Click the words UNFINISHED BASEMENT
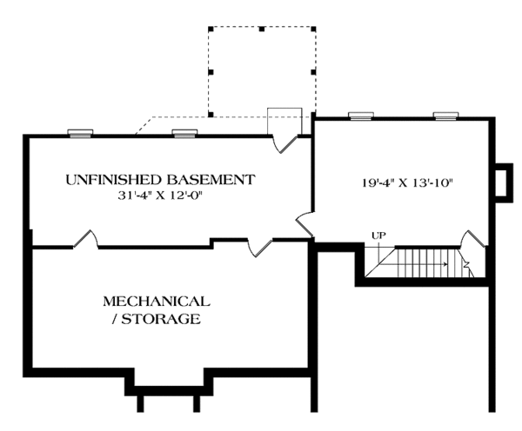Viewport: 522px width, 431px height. coord(160,180)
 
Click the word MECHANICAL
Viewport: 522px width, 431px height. coord(157,302)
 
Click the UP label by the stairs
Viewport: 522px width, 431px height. coord(378,235)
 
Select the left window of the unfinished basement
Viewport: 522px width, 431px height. coord(81,133)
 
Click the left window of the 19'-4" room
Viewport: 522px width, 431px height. coord(361,116)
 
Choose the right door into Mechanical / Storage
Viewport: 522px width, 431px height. coord(258,248)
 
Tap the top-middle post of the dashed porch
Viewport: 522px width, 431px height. coord(261,30)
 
